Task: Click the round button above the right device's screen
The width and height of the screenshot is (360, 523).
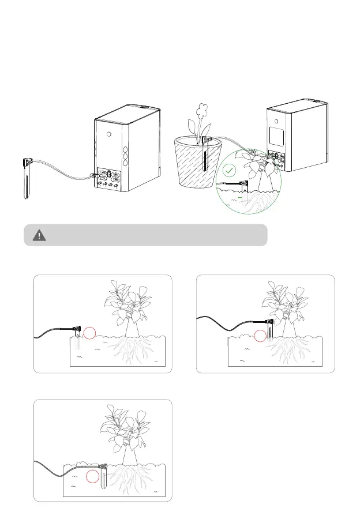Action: coord(277,121)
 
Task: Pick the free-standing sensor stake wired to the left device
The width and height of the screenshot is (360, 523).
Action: coord(26,179)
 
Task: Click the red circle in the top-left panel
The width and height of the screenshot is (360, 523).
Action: coord(88,332)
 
